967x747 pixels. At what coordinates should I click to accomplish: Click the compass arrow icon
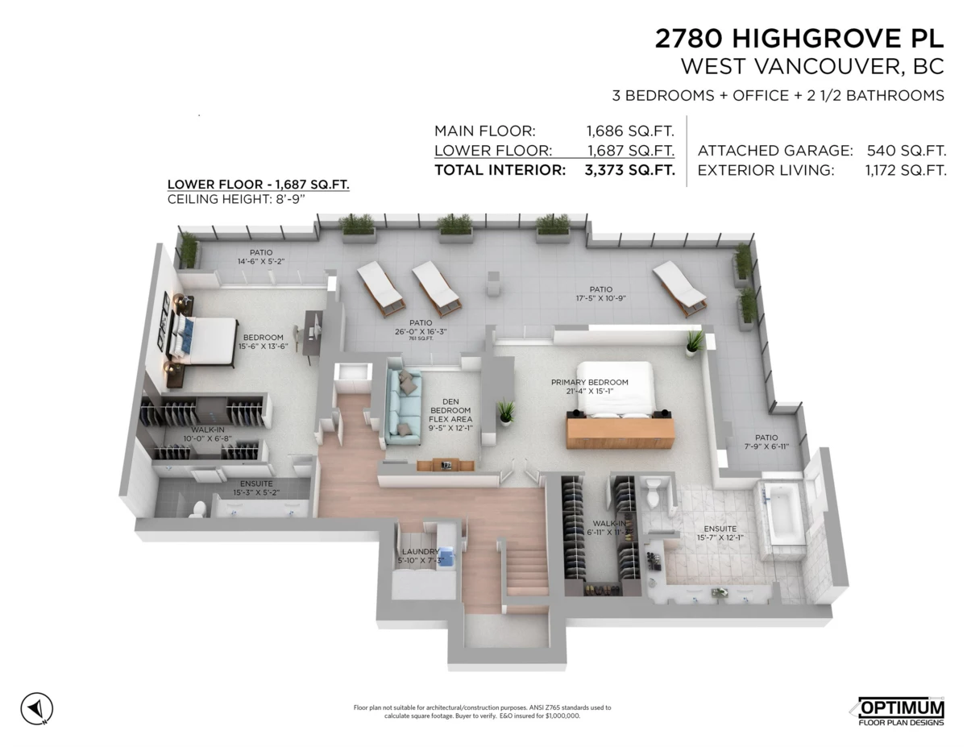click(36, 708)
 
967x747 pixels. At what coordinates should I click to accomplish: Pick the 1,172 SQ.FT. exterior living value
click(906, 170)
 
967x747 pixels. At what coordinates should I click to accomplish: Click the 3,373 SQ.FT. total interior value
click(630, 170)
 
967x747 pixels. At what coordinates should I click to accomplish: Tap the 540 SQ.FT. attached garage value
click(906, 150)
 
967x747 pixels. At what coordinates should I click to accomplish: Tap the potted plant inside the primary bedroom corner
click(693, 342)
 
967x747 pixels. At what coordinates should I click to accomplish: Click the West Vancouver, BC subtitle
click(812, 65)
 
